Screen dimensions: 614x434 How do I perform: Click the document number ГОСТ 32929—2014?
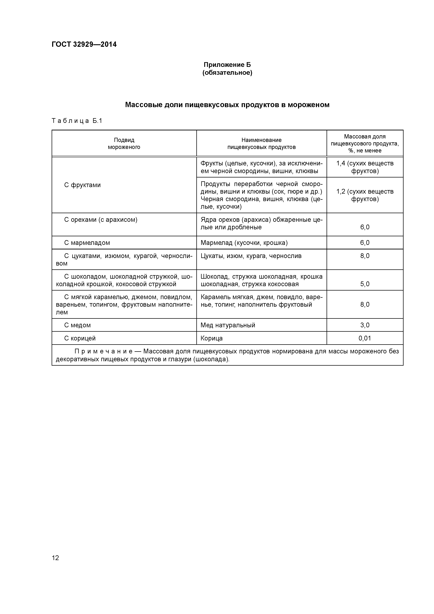tap(84, 44)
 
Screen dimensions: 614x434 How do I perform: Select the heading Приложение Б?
tap(227, 65)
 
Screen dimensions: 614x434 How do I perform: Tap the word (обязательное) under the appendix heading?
tap(227, 73)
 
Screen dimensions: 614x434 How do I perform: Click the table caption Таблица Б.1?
tap(77, 121)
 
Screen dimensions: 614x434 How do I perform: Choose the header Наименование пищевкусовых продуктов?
tap(261, 143)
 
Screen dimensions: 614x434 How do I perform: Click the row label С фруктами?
tap(82, 185)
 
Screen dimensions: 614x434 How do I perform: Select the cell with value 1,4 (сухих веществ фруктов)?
tap(365, 167)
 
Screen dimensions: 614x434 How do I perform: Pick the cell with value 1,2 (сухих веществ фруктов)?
tap(365, 195)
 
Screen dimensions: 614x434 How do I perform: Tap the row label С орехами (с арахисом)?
tap(101, 220)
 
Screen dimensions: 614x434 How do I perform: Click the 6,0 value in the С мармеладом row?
tap(365, 243)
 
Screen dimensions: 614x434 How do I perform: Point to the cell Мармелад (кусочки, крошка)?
tap(244, 243)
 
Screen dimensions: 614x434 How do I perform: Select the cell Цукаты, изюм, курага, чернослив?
tap(251, 256)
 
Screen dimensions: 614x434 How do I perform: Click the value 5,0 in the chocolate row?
tap(365, 284)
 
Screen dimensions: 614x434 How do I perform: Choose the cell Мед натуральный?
tap(228, 325)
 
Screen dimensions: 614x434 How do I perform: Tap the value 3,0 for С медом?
tap(365, 325)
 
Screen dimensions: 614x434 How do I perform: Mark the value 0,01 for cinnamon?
tap(365, 338)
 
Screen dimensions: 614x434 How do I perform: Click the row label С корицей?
tap(80, 338)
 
